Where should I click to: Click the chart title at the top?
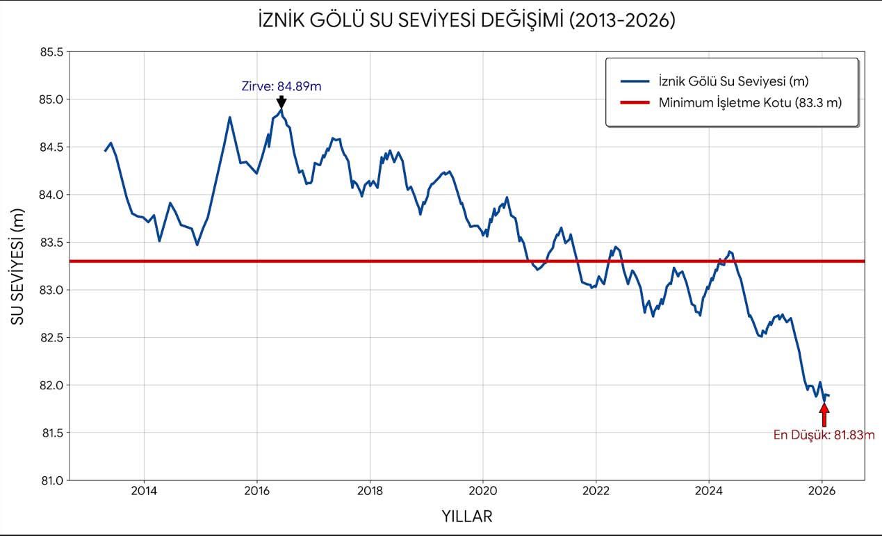click(466, 21)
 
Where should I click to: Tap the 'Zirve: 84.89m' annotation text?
click(281, 87)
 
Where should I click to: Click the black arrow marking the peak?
click(281, 102)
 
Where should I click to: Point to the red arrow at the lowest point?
click(824, 415)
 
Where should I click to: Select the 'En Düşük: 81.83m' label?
click(824, 435)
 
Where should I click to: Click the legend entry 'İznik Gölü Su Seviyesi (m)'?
click(733, 81)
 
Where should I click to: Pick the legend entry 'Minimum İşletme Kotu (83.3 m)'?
click(750, 103)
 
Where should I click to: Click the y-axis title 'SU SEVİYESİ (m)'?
click(18, 266)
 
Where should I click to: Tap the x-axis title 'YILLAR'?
click(467, 517)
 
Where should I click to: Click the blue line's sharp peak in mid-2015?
click(229, 117)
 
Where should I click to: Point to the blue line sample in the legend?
click(634, 81)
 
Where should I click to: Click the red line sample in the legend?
click(634, 103)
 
